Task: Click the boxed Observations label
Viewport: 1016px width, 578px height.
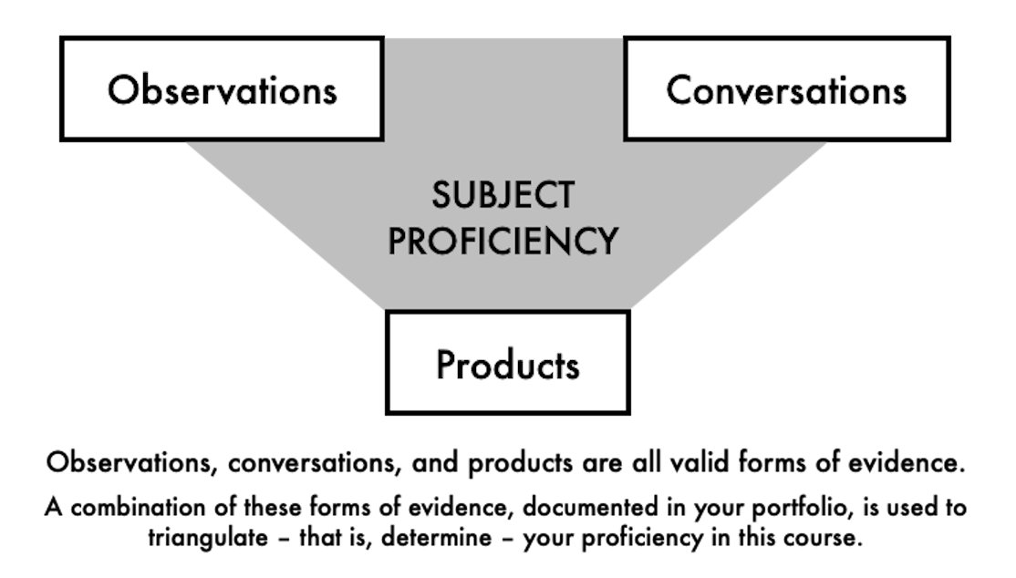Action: [222, 90]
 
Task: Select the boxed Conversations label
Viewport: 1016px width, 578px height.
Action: [786, 90]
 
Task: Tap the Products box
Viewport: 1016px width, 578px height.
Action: [507, 365]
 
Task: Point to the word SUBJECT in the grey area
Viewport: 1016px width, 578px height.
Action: [504, 195]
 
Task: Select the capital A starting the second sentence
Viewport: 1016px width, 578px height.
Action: [52, 505]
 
